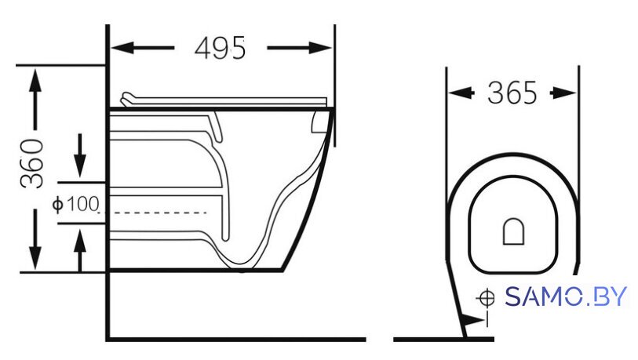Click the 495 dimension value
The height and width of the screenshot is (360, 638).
221,49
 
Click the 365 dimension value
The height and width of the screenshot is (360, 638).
512,93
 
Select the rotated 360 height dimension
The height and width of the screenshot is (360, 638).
32,163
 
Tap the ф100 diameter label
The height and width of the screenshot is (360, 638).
75,204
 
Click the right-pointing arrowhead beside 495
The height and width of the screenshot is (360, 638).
321,48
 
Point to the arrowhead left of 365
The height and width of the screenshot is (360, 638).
460,93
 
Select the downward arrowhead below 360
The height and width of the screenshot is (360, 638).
35,257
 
